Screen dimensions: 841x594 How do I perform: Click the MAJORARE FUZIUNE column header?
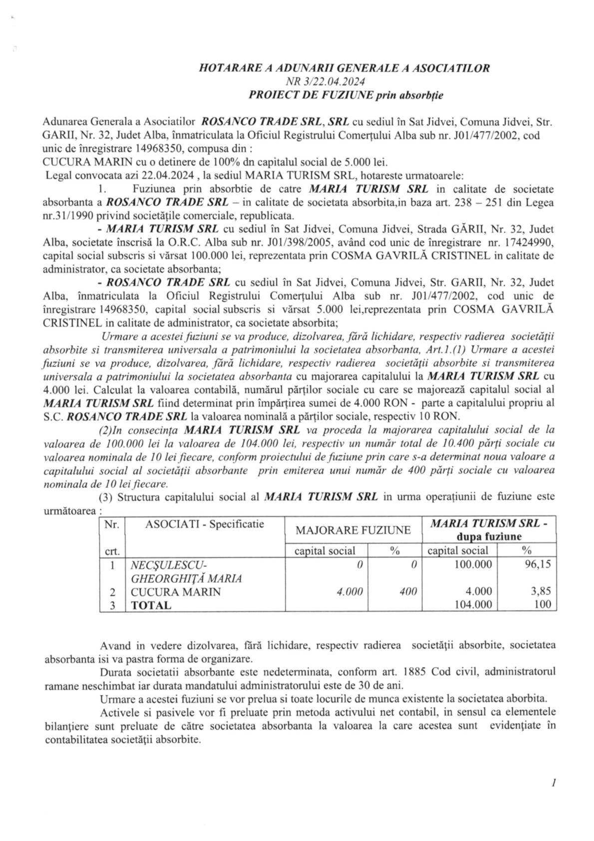tap(353, 530)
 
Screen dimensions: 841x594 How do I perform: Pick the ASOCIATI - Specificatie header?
tap(204, 524)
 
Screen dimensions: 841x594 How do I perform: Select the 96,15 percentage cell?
tap(538, 564)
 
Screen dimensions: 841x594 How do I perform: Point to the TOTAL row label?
tap(151, 605)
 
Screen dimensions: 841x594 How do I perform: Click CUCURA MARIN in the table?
tap(175, 592)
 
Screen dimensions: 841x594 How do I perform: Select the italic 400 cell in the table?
tap(408, 592)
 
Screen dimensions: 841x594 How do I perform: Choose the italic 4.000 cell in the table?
tap(349, 592)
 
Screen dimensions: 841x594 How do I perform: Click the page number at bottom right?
tap(553, 783)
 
